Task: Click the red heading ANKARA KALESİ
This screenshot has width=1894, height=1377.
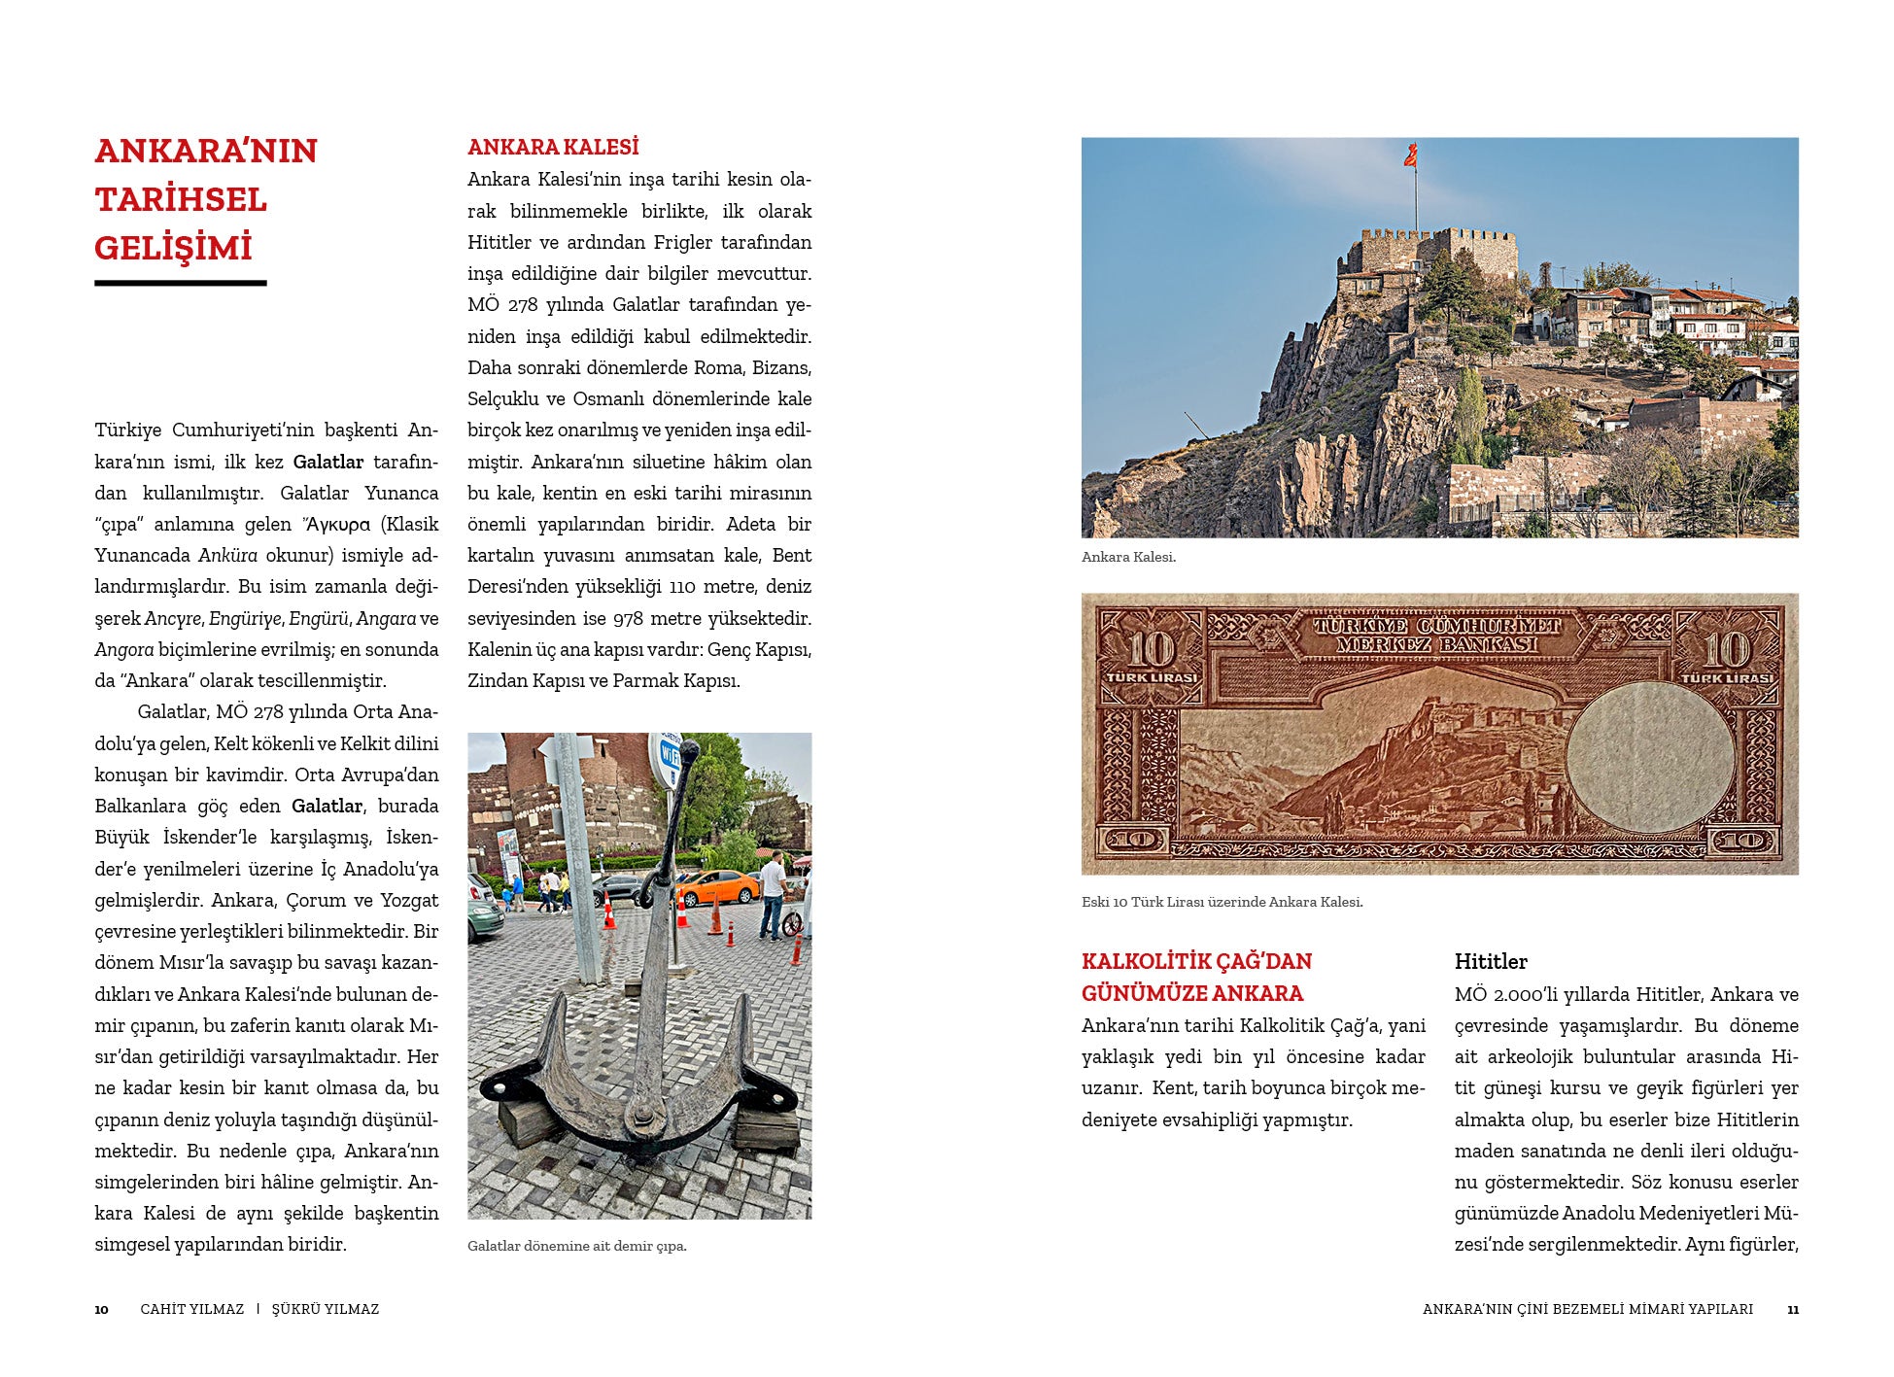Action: [553, 148]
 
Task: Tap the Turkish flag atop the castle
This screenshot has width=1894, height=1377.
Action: [1410, 155]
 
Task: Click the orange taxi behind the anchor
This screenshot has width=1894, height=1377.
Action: [716, 886]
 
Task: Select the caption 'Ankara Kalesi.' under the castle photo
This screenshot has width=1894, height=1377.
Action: [1128, 557]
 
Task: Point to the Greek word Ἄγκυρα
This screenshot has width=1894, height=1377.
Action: [337, 525]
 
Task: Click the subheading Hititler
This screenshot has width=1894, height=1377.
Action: [1490, 961]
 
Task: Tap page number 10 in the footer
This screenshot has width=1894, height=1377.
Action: [101, 1309]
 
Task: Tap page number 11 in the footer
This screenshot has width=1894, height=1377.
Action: [1792, 1309]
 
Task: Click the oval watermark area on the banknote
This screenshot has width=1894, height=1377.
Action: [1649, 756]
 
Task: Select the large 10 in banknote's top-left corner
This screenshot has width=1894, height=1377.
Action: [1151, 648]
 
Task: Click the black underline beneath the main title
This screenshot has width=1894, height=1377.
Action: [180, 283]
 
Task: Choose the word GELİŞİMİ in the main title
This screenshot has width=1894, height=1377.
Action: [173, 248]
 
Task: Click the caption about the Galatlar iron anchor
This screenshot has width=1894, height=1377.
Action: [576, 1246]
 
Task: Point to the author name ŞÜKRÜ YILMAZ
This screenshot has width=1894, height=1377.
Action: [326, 1309]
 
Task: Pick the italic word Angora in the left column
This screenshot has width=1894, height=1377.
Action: [124, 649]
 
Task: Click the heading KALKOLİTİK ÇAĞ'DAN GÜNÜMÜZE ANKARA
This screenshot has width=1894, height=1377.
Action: [1196, 977]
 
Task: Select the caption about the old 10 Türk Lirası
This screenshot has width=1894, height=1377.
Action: [1222, 902]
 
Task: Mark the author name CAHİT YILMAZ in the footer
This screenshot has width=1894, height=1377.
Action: [191, 1309]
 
